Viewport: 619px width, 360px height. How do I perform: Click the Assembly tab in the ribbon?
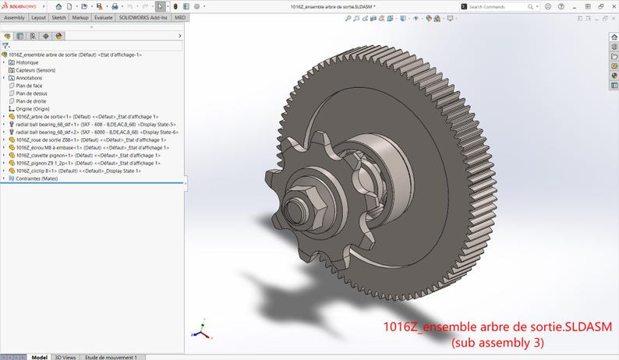tap(15, 17)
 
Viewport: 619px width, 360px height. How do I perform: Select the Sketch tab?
tap(58, 17)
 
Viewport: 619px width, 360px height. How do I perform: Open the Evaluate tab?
tap(104, 17)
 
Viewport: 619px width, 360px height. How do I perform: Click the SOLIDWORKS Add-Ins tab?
tap(144, 17)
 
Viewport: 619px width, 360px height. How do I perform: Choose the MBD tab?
tap(180, 17)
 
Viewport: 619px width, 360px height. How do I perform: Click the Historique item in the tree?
tap(27, 62)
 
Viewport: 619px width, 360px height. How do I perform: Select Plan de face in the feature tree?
tap(29, 86)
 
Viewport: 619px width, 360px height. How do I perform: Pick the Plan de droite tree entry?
tap(30, 101)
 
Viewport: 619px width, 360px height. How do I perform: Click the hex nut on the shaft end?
tap(300, 209)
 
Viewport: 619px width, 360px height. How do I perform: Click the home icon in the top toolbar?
tap(58, 6)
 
